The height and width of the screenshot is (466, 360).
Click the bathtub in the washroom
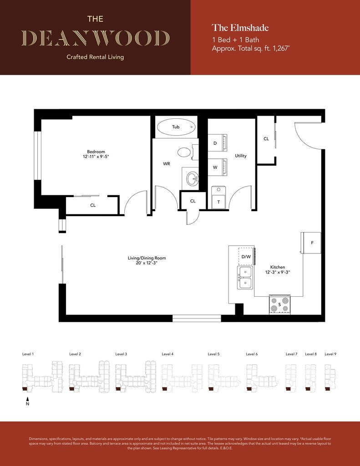[x=176, y=127]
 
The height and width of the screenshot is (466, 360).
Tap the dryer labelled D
[x=217, y=143]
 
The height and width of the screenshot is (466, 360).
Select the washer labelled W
[x=217, y=167]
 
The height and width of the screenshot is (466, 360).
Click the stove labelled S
[x=279, y=304]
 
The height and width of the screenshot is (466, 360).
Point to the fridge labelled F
[x=311, y=243]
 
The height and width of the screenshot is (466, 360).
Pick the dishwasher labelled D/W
[x=246, y=256]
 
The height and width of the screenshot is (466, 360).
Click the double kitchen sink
[x=245, y=278]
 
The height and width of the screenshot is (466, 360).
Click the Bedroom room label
[x=96, y=152]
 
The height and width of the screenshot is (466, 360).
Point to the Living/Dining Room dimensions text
[x=147, y=263]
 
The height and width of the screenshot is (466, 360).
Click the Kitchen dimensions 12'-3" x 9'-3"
[x=278, y=272]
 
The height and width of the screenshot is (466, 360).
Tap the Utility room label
[x=241, y=156]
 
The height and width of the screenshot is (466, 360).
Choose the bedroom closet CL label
[x=93, y=205]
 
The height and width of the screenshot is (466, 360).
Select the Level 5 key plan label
[x=214, y=354]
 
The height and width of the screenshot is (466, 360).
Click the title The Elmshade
[x=240, y=28]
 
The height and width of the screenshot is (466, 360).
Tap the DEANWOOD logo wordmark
[x=96, y=38]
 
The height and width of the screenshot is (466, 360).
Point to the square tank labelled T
[x=219, y=198]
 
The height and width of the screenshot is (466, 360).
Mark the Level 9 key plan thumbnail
[x=330, y=377]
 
